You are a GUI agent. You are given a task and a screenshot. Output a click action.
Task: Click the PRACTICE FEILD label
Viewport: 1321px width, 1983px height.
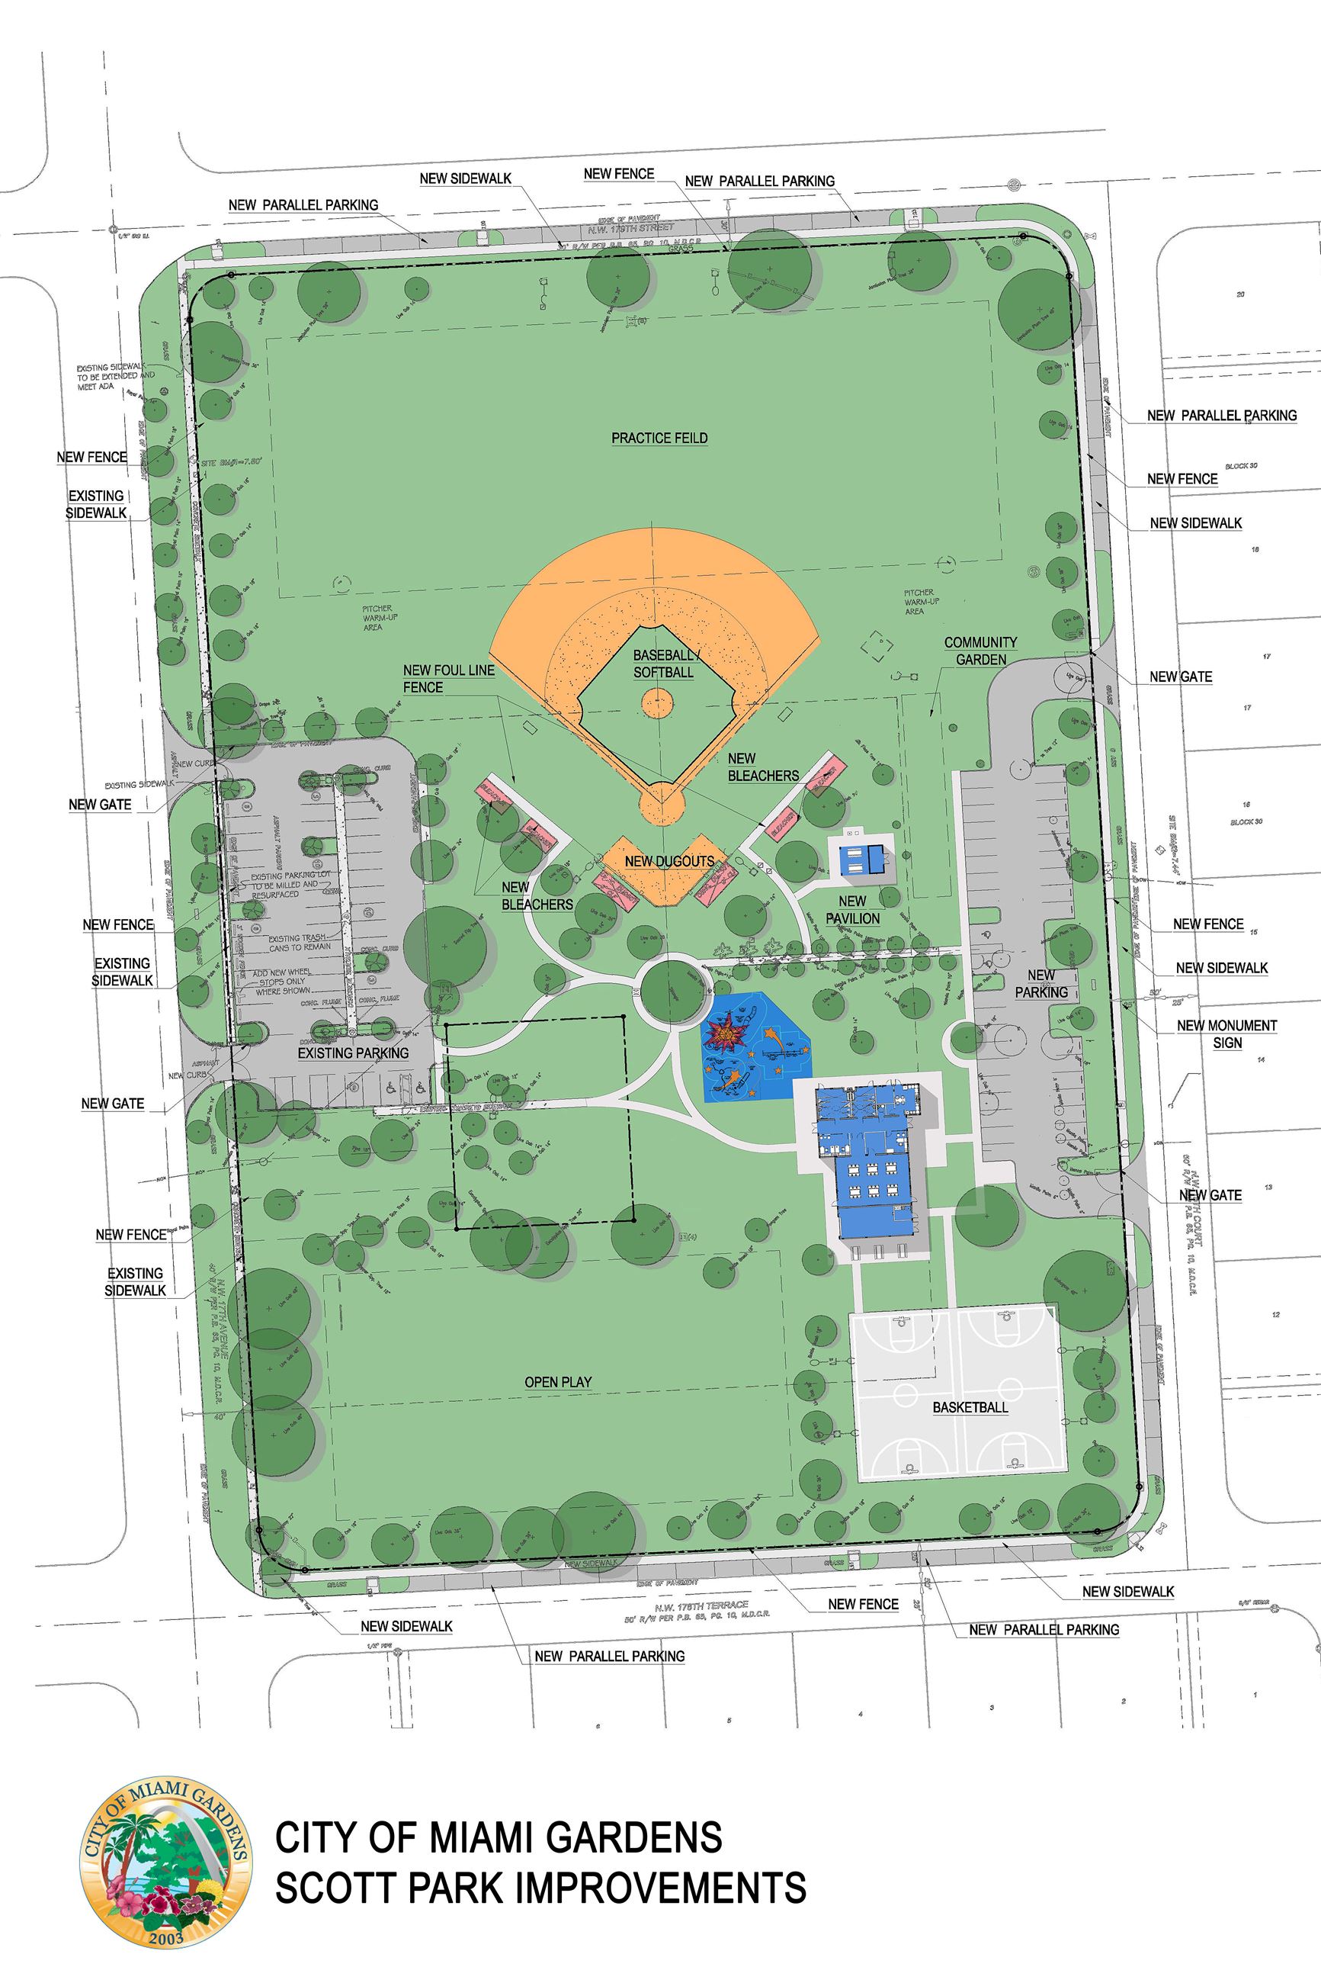pos(659,439)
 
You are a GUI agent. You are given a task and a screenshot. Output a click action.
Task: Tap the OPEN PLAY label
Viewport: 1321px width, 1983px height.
pos(558,1382)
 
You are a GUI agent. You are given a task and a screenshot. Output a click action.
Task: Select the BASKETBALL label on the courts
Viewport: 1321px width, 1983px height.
pos(970,1407)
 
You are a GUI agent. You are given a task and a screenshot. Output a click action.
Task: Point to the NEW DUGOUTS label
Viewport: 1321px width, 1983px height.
pos(669,861)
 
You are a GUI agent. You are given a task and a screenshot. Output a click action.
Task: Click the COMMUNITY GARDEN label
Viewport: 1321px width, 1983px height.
pos(980,651)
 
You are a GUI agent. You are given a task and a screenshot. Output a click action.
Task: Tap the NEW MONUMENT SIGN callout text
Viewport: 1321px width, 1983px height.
pos(1226,1034)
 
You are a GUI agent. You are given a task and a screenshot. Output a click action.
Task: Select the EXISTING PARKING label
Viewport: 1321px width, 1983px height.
pos(353,1053)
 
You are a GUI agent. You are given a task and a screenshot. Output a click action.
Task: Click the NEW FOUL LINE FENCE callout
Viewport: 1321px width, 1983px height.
pos(448,680)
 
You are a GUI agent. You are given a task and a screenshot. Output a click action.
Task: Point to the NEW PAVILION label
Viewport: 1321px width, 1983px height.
pos(851,910)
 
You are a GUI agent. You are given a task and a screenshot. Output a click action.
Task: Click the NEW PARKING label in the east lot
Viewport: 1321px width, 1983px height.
pos(1041,984)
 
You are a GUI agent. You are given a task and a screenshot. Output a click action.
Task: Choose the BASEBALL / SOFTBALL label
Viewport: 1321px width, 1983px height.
pos(664,664)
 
